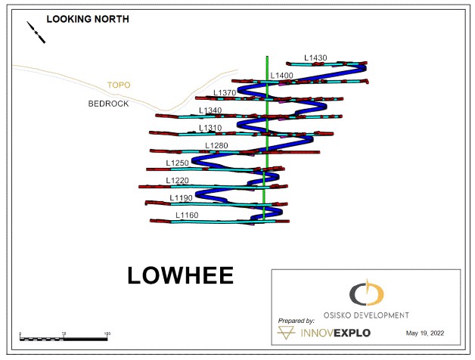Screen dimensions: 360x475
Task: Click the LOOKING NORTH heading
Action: click(x=87, y=19)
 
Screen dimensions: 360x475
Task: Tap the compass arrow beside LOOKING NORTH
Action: click(x=36, y=31)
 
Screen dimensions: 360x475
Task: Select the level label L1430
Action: click(x=315, y=57)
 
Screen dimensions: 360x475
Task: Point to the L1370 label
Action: click(x=225, y=93)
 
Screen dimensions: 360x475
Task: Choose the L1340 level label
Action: click(x=210, y=110)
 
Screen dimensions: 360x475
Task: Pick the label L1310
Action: click(x=210, y=128)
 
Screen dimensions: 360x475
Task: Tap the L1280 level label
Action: click(x=216, y=145)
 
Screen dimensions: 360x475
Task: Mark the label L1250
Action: click(x=178, y=163)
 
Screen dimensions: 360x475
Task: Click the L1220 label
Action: click(x=178, y=180)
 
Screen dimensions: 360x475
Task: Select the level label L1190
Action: click(x=182, y=197)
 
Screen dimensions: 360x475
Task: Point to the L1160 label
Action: click(x=187, y=215)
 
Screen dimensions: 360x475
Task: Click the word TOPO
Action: click(x=119, y=86)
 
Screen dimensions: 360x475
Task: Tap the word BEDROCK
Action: click(x=108, y=104)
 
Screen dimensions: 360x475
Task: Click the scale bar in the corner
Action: click(x=64, y=337)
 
